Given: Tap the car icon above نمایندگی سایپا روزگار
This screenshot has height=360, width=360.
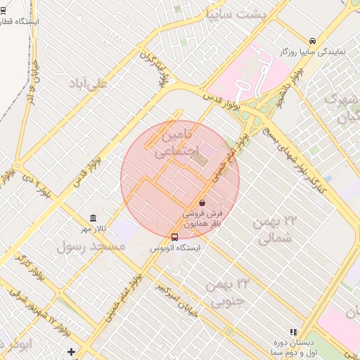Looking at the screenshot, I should pos(312,41).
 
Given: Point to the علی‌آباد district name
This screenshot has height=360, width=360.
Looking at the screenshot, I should pos(89,83).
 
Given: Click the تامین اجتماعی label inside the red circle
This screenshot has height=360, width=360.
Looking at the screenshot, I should pos(176,141).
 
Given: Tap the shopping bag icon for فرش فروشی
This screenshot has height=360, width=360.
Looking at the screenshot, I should pos(202,202).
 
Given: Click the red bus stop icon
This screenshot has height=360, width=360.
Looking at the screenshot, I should pos(174,237).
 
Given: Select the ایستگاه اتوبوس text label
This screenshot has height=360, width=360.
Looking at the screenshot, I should pos(175,249).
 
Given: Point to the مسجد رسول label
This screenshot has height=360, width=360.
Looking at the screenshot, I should pos(91,246).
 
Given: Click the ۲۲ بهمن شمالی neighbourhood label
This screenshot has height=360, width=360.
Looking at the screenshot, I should pos(275,230).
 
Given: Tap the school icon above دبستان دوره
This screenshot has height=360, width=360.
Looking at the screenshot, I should pos(294,332).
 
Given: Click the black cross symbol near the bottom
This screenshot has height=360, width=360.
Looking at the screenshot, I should pos(71,351).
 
